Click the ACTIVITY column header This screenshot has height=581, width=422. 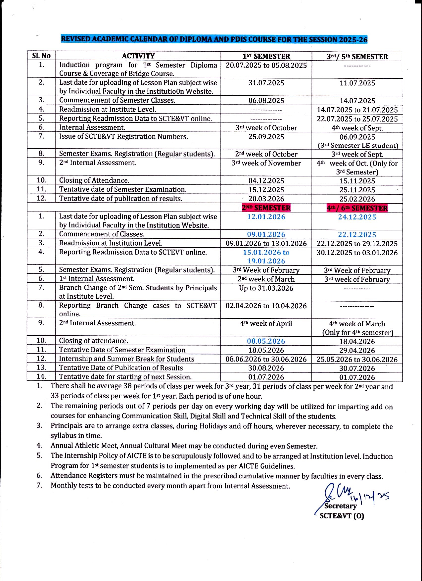click(x=138, y=56)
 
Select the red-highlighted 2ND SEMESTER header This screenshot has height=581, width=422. click(x=266, y=208)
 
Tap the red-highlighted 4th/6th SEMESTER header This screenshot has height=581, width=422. click(x=357, y=208)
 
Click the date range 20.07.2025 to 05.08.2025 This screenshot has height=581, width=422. click(x=266, y=65)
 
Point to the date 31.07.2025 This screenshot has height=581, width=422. click(x=266, y=83)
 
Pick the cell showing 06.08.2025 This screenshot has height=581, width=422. click(x=266, y=101)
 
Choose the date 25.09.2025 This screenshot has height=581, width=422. click(x=266, y=137)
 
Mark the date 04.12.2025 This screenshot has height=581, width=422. click(x=266, y=181)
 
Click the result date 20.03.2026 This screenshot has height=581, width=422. click(x=266, y=199)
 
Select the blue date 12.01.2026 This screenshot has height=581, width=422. click(x=266, y=217)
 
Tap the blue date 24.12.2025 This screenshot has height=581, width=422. click(x=357, y=217)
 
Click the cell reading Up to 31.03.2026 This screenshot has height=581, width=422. click(x=266, y=288)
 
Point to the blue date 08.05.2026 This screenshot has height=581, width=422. click(x=266, y=341)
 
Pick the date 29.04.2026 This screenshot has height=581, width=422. click(x=357, y=350)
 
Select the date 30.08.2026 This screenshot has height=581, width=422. click(x=266, y=368)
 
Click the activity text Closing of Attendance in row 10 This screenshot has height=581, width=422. click(x=94, y=180)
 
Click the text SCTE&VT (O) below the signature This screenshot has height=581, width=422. click(x=342, y=516)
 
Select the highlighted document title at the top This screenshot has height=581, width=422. click(x=214, y=39)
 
